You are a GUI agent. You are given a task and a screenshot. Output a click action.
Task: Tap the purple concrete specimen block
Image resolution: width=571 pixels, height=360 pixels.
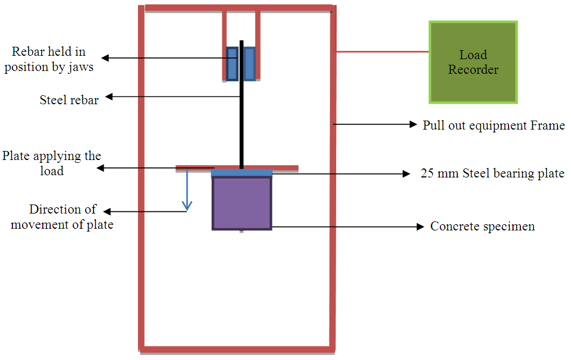click(242, 203)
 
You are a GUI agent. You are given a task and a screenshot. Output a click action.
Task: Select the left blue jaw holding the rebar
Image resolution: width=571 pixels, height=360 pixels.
click(232, 64)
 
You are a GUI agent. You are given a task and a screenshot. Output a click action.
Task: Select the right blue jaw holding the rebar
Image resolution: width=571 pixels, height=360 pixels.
click(249, 64)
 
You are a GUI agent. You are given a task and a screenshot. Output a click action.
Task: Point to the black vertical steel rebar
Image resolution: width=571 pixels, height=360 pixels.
click(242, 124)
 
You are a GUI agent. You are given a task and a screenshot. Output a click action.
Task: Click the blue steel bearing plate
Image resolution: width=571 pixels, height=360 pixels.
click(242, 173)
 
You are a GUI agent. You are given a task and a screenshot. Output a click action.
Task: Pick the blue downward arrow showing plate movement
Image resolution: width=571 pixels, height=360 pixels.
click(188, 192)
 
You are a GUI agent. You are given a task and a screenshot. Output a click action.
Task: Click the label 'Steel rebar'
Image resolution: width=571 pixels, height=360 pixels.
click(69, 100)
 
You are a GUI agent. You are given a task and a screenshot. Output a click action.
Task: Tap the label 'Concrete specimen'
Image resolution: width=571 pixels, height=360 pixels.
click(483, 226)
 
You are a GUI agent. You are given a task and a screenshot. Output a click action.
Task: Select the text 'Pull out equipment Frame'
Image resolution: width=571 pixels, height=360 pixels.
click(493, 125)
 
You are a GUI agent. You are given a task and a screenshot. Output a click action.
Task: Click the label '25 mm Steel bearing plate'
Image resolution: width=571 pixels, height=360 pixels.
click(492, 174)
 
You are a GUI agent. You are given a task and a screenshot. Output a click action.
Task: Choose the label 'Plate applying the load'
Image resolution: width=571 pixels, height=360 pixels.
click(52, 163)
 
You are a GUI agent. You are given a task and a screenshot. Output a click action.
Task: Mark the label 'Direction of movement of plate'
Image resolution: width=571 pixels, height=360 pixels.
click(63, 217)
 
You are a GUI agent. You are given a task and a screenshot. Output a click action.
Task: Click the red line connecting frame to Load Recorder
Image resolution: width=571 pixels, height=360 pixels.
click(383, 52)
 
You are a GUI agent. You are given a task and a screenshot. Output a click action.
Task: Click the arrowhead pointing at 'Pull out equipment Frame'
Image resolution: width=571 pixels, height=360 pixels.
click(413, 124)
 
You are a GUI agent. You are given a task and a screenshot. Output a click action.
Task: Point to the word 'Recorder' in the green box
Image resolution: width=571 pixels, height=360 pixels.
click(473, 70)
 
